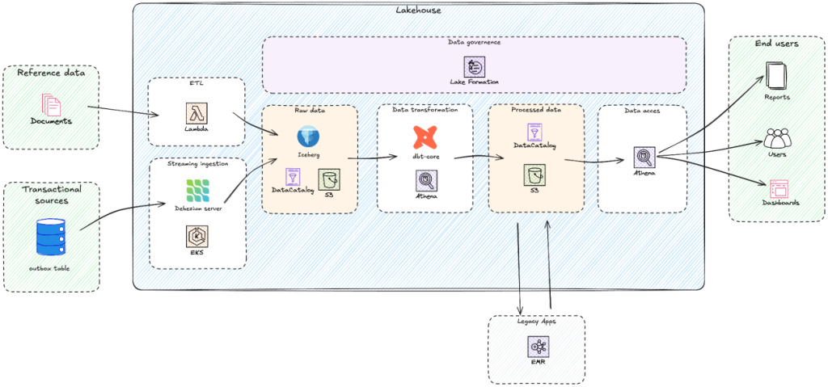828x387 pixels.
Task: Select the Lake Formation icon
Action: pos(474,66)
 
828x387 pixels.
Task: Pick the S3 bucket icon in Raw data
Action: pos(328,179)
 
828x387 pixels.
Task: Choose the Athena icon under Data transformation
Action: pos(425,179)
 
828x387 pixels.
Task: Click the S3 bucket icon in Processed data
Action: pos(534,173)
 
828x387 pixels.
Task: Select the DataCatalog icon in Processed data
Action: pos(534,132)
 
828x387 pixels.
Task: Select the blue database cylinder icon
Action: pos(50,238)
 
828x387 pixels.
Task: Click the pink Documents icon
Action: pos(50,104)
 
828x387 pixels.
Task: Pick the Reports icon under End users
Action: pos(775,78)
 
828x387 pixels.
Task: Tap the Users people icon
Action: pos(775,137)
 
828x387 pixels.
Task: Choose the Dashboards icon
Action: pos(778,188)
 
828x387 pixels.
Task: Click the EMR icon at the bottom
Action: pos(538,347)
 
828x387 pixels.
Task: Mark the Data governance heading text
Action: pos(474,42)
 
